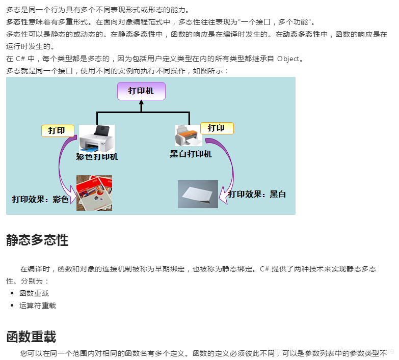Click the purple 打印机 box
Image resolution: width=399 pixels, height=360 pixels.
[141, 91]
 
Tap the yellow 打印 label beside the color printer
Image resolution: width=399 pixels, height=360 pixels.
[57, 131]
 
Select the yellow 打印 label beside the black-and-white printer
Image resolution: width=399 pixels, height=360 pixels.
[217, 128]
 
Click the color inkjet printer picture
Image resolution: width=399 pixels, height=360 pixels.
[97, 138]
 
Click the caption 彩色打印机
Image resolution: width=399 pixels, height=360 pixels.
[97, 157]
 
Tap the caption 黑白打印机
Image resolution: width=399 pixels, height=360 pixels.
[191, 154]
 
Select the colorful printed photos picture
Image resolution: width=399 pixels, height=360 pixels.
[94, 193]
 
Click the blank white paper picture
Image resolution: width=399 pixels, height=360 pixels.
[198, 194]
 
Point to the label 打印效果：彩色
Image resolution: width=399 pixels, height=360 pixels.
[40, 199]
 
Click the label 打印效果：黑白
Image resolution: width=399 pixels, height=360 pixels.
[257, 194]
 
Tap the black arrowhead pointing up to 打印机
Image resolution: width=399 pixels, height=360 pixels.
[142, 103]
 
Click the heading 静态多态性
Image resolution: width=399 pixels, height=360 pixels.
[37, 240]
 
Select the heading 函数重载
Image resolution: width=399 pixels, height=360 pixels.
[31, 337]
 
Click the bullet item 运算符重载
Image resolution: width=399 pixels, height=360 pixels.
[38, 306]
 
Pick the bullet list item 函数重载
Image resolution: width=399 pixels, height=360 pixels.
[34, 293]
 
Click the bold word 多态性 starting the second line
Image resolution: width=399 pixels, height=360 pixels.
[17, 22]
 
